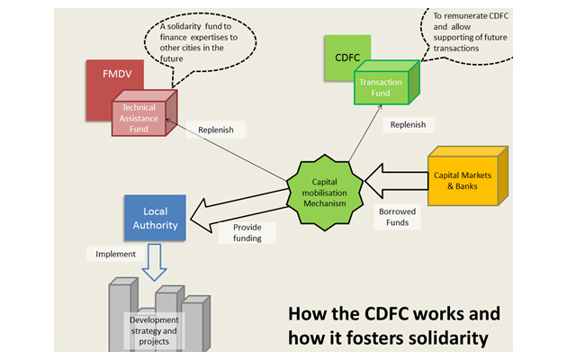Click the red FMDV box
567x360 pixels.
click(x=106, y=76)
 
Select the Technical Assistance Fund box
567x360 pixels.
click(x=139, y=118)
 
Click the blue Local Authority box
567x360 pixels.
click(x=155, y=218)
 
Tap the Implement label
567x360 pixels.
click(x=115, y=255)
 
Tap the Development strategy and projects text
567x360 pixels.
click(x=154, y=327)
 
